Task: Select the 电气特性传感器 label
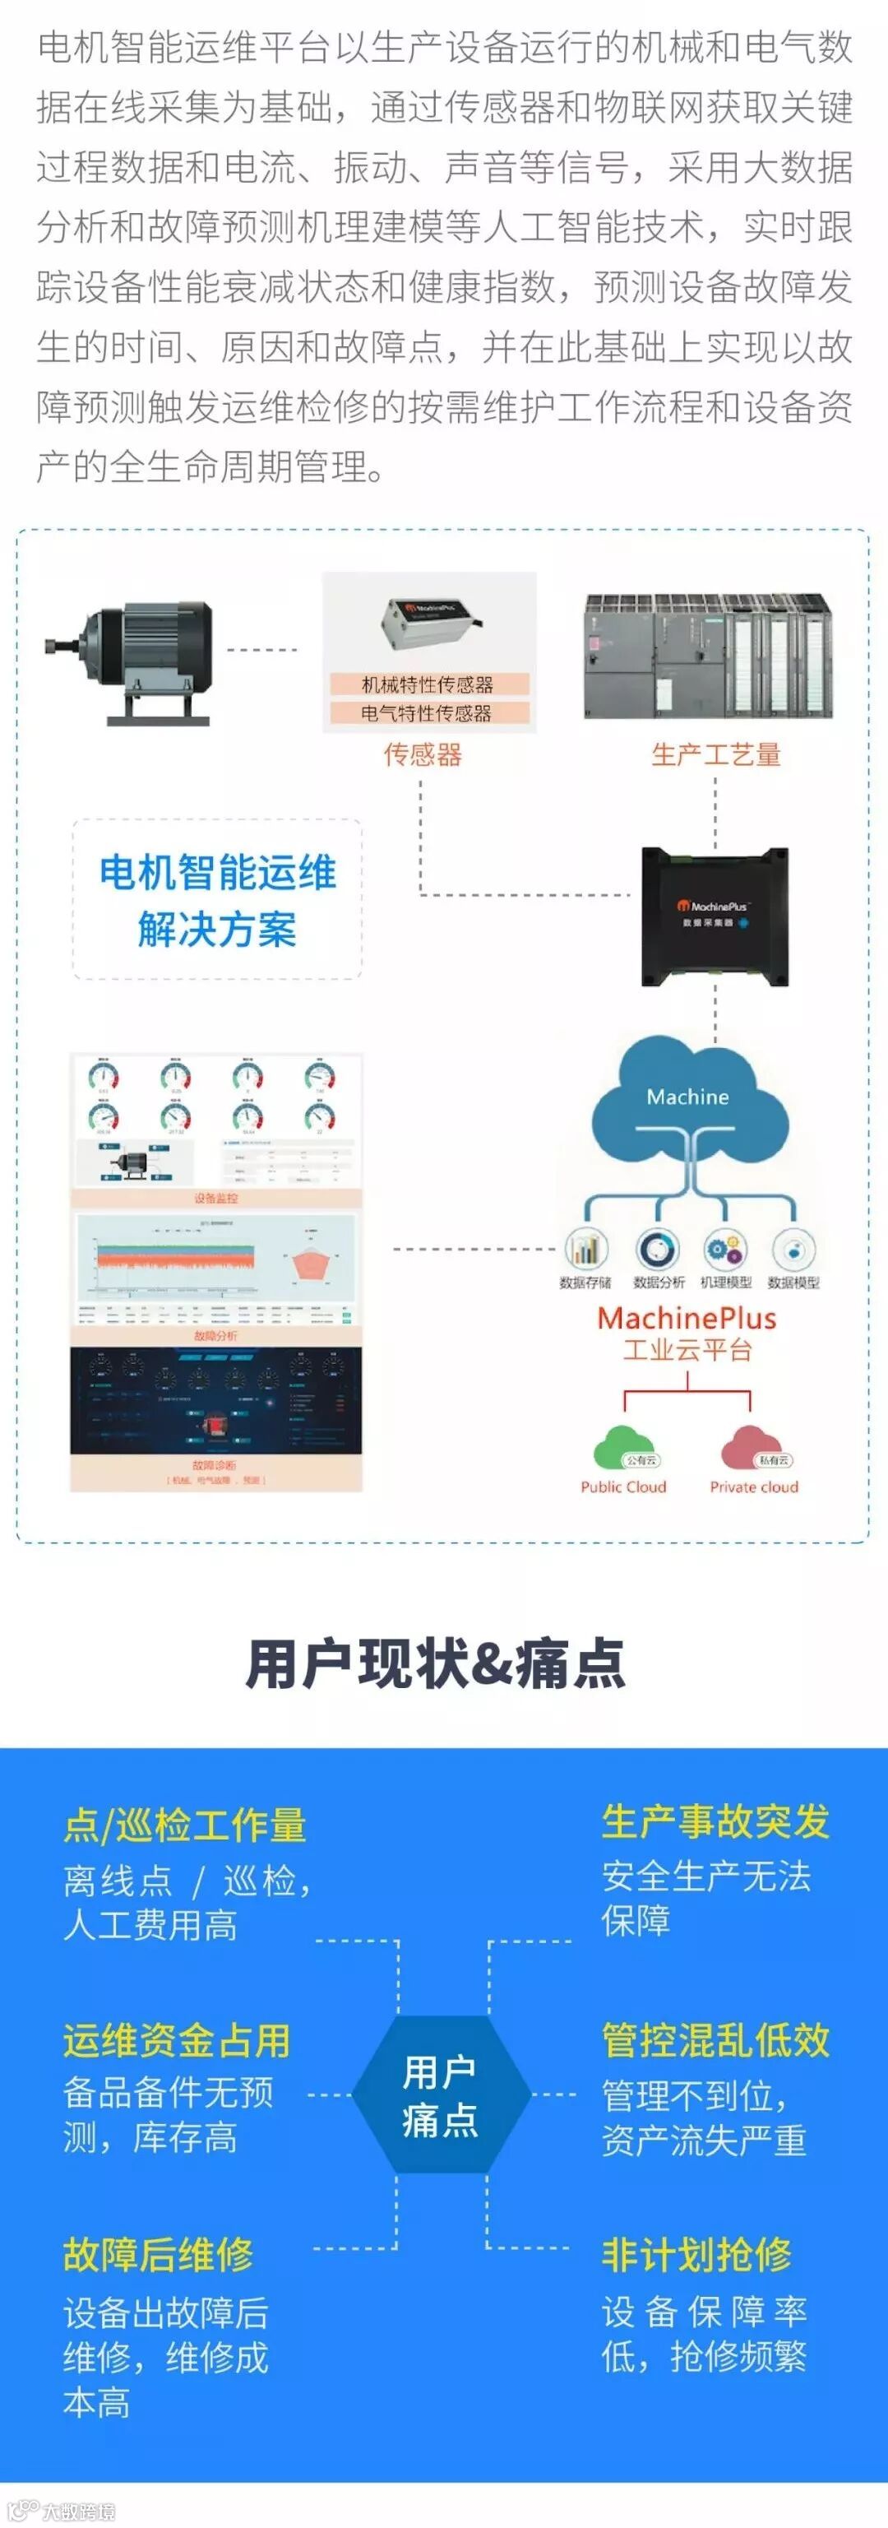[428, 713]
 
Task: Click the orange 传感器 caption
[423, 754]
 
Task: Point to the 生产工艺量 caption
[715, 754]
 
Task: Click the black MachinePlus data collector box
[715, 916]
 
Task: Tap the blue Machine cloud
[689, 1100]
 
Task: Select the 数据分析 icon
[658, 1250]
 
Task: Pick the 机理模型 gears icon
[726, 1250]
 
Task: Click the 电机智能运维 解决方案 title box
[217, 900]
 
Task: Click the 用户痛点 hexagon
[441, 2095]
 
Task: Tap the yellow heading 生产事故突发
[715, 1821]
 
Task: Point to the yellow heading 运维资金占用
[178, 2041]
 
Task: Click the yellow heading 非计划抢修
[696, 2255]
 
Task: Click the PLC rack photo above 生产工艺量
[707, 656]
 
